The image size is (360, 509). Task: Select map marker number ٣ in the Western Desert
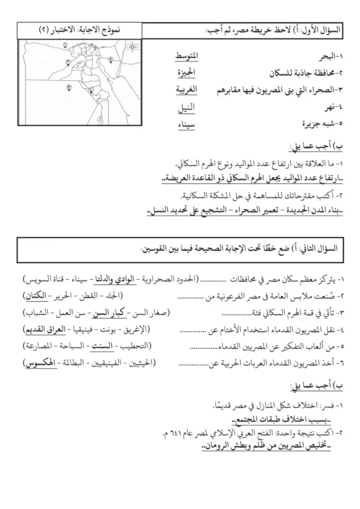point(69,87)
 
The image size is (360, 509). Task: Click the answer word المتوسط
point(185,58)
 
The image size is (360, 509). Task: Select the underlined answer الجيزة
point(185,73)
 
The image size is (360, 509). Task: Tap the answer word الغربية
point(185,89)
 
